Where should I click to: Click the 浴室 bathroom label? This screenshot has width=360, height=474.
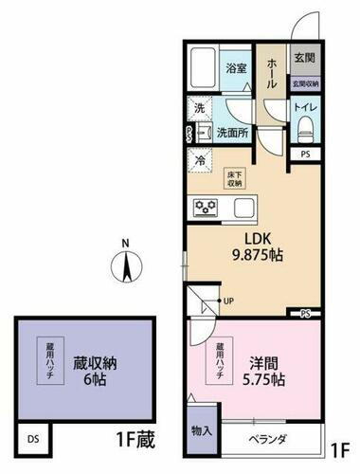coord(236,68)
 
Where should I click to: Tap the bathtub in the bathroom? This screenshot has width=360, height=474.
coord(202,67)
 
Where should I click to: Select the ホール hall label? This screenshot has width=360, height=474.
coord(271,71)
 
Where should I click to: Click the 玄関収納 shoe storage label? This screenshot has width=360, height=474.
coord(305,84)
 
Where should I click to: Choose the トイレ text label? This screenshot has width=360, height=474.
coord(305,107)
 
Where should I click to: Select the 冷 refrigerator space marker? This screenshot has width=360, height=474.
coord(200,160)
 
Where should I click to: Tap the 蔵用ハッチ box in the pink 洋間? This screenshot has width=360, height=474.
coord(219,360)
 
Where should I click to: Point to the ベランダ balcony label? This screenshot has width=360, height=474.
coord(267,440)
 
